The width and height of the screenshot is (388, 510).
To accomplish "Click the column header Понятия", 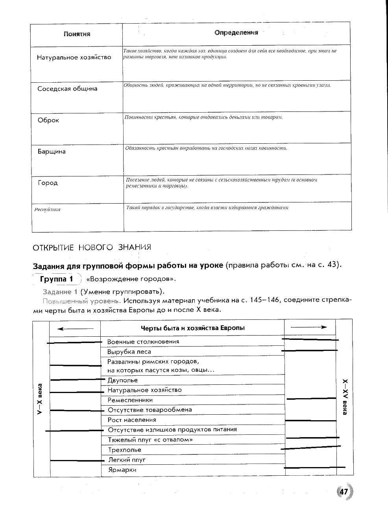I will [77, 34].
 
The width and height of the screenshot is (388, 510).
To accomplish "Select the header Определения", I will [236, 33].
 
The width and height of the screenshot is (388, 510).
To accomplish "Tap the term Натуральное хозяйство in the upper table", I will [74, 57].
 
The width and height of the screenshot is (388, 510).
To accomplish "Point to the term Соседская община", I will [67, 89].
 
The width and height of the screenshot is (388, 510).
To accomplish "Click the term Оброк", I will [48, 120].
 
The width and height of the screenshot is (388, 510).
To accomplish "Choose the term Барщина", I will [52, 151].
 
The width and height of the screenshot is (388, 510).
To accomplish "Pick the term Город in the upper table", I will [48, 183].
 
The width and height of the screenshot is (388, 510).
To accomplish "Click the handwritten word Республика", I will [47, 210].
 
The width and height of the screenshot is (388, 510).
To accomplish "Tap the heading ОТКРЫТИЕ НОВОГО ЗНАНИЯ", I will [92, 247].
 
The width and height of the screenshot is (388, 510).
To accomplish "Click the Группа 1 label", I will [56, 279].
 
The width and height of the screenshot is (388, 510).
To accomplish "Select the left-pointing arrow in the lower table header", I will [75, 328].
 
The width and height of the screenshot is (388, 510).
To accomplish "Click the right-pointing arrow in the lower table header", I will [309, 327].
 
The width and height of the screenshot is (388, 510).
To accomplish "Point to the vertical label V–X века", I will [39, 399].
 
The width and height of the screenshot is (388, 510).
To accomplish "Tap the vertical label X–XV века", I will [345, 397].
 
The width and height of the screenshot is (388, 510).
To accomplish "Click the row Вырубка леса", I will [129, 352].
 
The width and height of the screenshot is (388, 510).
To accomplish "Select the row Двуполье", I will [122, 380].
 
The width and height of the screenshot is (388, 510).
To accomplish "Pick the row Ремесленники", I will [130, 400].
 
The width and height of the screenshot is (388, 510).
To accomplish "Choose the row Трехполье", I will [124, 450].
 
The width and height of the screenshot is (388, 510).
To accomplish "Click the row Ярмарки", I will [122, 470].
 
